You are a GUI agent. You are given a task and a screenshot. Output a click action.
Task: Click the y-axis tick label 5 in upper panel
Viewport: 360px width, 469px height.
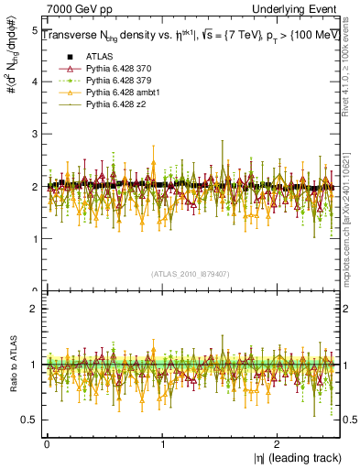pyautogui.click(x=35, y=30)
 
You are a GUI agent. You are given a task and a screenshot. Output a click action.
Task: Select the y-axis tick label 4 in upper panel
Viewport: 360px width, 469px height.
pyautogui.click(x=35, y=82)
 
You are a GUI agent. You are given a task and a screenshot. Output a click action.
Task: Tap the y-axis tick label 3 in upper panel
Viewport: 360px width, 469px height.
pyautogui.click(x=35, y=135)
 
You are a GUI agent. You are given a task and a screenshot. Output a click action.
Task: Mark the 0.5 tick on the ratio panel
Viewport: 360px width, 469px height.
pyautogui.click(x=29, y=420)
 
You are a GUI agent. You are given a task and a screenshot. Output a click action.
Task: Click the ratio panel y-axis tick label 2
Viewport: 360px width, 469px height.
pyautogui.click(x=35, y=309)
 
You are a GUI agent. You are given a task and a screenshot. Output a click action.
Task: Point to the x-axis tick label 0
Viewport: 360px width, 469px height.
pyautogui.click(x=47, y=442)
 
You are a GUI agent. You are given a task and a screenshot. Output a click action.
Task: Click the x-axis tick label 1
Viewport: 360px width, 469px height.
pyautogui.click(x=163, y=442)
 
